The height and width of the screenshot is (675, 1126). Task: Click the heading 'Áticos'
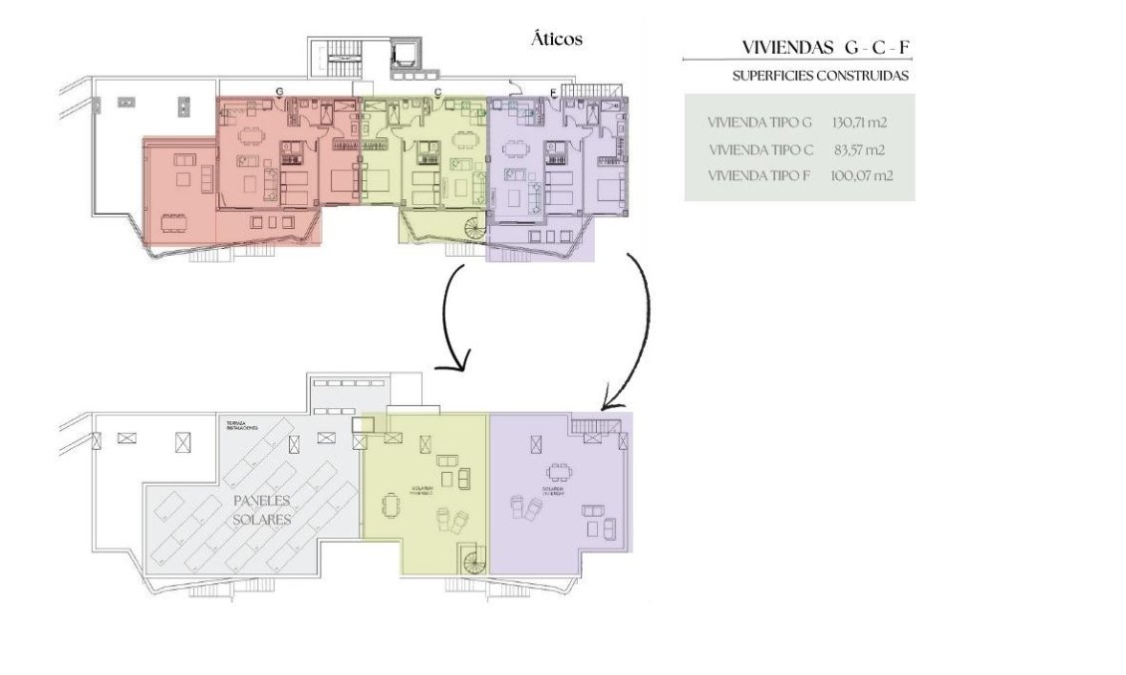pos(556,40)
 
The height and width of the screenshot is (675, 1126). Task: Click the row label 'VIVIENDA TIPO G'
pos(759,122)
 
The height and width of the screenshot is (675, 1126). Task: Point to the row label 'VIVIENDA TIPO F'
pos(759,176)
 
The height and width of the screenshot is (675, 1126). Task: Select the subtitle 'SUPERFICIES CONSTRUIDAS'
pos(819,76)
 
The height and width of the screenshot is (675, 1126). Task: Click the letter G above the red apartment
pos(280,92)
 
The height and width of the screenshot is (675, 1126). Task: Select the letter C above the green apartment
pos(437,92)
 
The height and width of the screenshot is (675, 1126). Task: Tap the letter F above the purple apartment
pos(553,93)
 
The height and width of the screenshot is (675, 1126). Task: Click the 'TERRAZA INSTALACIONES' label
pos(236,425)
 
